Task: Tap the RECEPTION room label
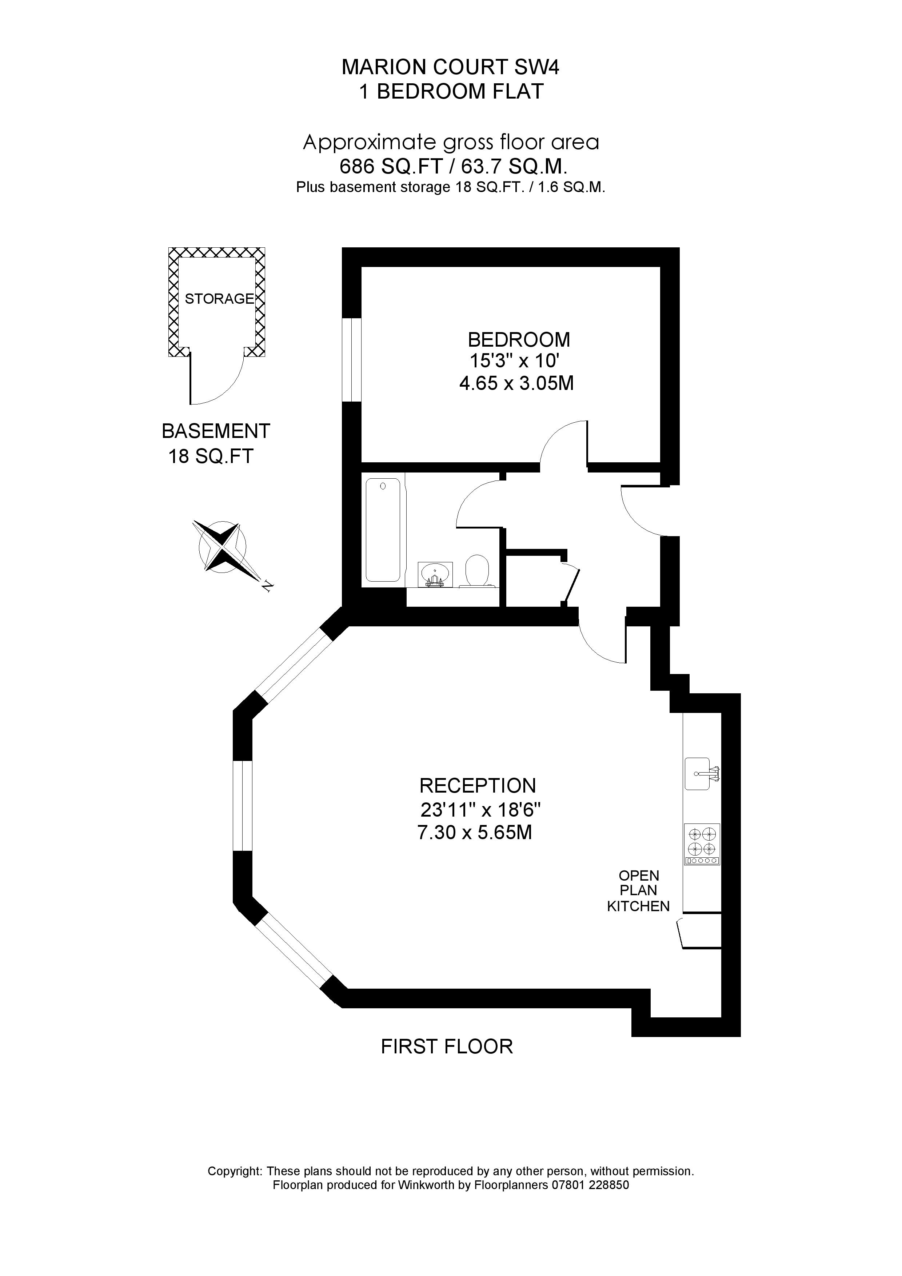coord(478,785)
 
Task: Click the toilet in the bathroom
coord(477,571)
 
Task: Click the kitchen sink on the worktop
coord(700,773)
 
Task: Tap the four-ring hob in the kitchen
coord(701,844)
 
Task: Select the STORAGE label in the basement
coord(219,299)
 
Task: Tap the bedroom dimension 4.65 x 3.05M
coord(516,383)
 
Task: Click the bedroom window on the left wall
coord(352,360)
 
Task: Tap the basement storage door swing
coord(217,378)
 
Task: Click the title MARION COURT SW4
coord(450,67)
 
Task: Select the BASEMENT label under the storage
coord(216,431)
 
